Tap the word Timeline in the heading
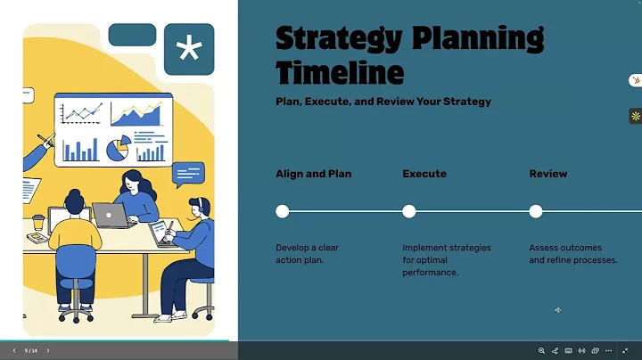340,72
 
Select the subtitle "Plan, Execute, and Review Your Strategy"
383,102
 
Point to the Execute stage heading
424,174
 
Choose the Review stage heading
548,174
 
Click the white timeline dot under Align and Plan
283,211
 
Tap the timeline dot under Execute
409,211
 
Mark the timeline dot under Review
536,211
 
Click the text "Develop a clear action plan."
308,254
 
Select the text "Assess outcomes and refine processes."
573,254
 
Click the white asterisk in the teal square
189,49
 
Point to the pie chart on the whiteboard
117,149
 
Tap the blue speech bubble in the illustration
189,173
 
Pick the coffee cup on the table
38,224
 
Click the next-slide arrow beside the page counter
48,351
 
